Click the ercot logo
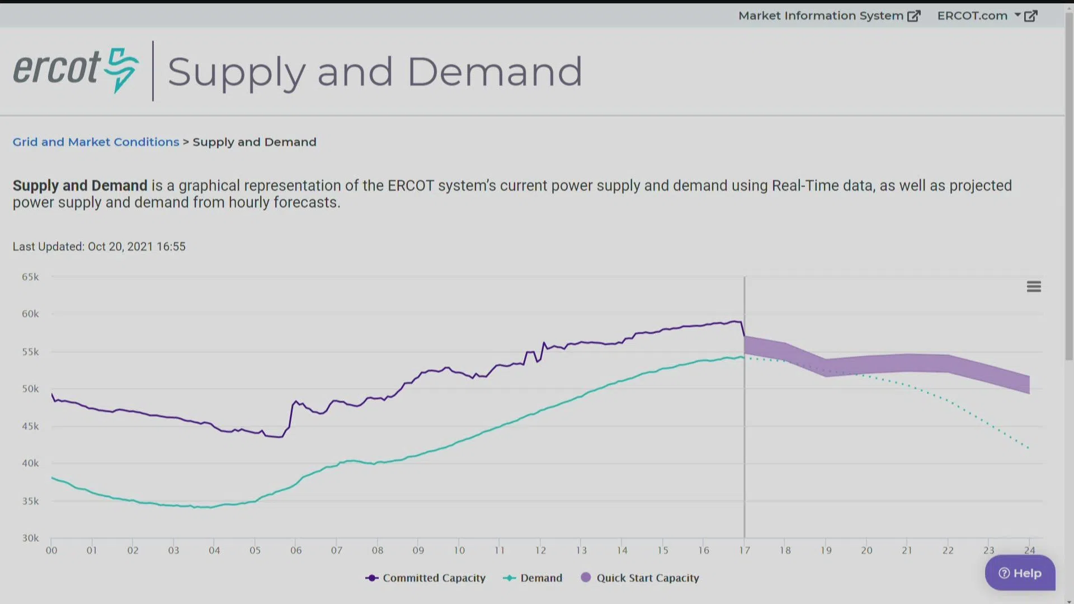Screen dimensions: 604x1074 [x=76, y=70]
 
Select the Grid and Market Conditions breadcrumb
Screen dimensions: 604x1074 [x=96, y=142]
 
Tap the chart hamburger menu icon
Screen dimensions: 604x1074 [x=1034, y=287]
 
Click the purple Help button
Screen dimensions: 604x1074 [x=1020, y=573]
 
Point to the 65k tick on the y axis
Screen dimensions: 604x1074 [x=30, y=277]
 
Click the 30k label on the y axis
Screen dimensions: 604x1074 [x=30, y=539]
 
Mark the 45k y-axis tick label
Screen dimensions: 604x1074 [x=30, y=427]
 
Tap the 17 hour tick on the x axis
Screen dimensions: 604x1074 [x=745, y=551]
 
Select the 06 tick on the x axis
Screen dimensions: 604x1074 [x=296, y=551]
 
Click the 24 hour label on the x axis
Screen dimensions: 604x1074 [x=1030, y=551]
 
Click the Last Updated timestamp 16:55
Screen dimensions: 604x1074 [x=171, y=247]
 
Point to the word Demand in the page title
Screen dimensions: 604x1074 [x=494, y=72]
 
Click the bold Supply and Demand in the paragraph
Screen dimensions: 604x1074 [x=80, y=186]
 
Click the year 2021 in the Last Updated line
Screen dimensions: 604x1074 [x=140, y=247]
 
